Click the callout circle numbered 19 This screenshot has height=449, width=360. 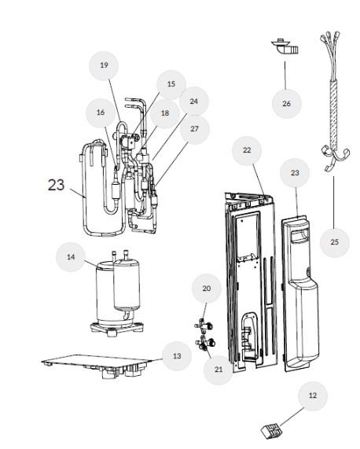104,65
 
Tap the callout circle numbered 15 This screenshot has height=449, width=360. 171,84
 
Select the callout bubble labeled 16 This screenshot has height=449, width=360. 101,112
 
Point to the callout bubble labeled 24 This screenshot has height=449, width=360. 194,101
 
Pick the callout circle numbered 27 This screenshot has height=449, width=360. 195,129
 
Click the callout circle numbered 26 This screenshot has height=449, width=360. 286,104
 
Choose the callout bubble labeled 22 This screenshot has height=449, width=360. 247,150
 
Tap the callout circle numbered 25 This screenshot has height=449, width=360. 335,242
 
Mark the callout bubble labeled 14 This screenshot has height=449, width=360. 71,257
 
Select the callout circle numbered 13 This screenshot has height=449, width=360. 177,356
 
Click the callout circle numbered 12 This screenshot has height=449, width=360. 313,396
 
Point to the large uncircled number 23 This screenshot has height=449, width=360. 56,185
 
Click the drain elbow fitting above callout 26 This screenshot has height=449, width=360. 285,46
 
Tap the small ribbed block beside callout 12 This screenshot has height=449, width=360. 270,430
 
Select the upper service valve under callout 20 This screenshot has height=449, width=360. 204,326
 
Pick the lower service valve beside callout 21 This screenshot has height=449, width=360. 205,343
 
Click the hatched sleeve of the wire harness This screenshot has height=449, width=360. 333,114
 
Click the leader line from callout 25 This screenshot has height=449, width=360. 334,202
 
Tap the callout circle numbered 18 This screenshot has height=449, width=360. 165,113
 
